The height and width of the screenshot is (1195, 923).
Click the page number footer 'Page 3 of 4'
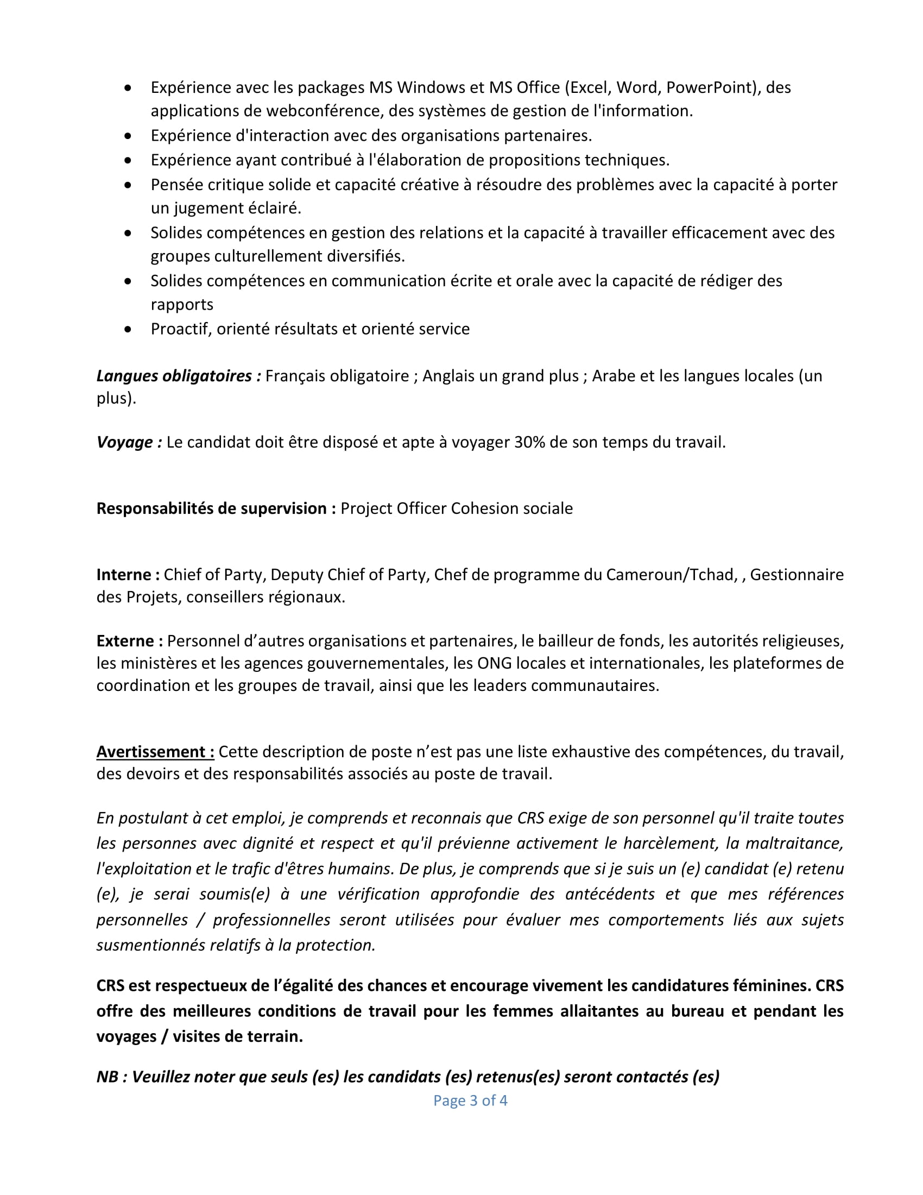470,1100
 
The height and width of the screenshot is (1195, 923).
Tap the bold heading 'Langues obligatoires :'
179,376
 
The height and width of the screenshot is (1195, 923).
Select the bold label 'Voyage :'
129,442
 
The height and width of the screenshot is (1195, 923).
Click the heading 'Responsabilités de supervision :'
216,508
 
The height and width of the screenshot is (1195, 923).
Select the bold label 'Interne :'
128,575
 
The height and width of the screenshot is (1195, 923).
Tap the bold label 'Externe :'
130,641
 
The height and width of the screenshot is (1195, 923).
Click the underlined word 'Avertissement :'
155,752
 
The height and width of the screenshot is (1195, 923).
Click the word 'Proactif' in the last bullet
181,329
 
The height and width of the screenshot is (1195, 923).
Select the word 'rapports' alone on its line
182,304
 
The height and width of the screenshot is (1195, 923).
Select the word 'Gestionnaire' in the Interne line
796,575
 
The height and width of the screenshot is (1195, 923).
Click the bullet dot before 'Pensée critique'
128,185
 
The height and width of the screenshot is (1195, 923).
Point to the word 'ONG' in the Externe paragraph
494,663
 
